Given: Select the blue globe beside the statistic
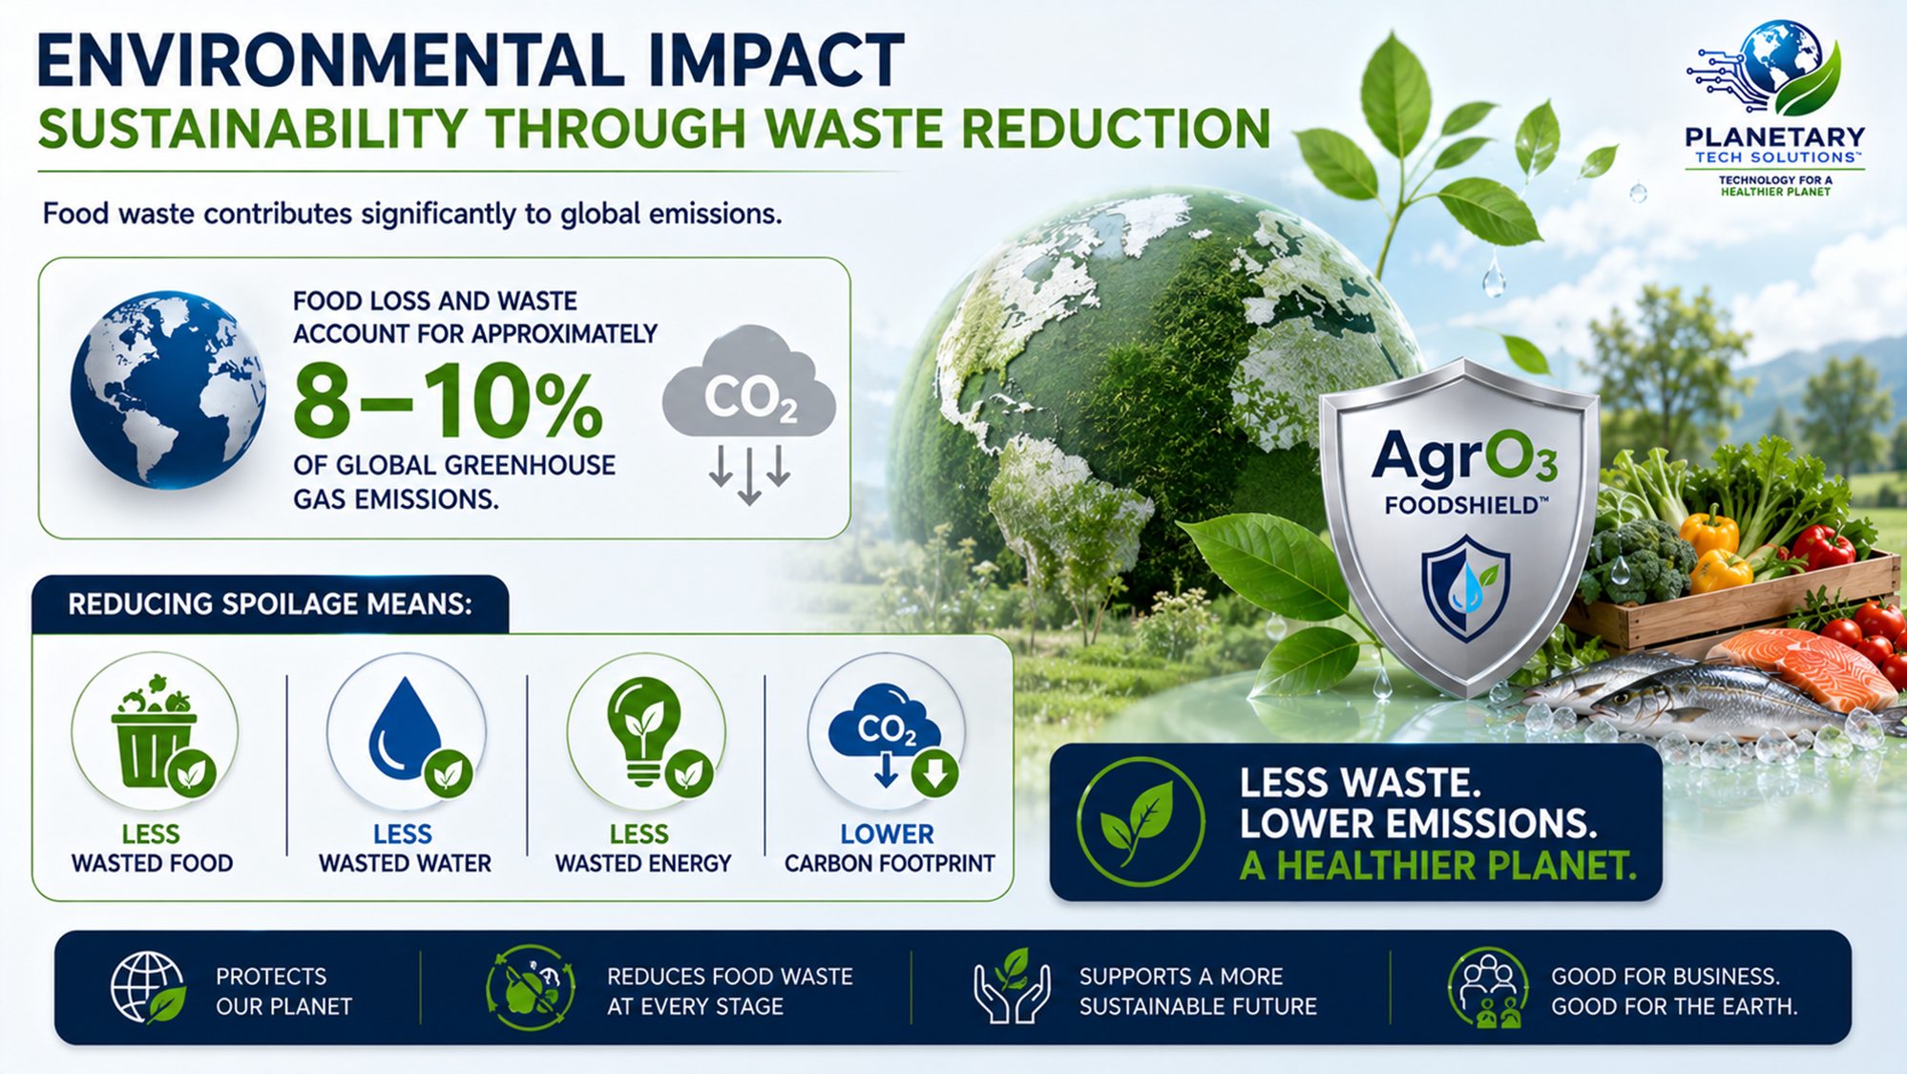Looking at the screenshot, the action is [x=168, y=390].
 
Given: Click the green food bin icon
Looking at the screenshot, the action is [x=156, y=731].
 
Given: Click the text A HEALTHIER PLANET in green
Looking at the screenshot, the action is [x=1437, y=865].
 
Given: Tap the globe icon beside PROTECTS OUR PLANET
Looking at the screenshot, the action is [x=148, y=987].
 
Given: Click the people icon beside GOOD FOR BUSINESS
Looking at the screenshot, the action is [x=1487, y=987].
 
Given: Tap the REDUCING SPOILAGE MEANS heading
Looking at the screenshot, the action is [x=270, y=604].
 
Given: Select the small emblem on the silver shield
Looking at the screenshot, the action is [x=1466, y=588].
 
